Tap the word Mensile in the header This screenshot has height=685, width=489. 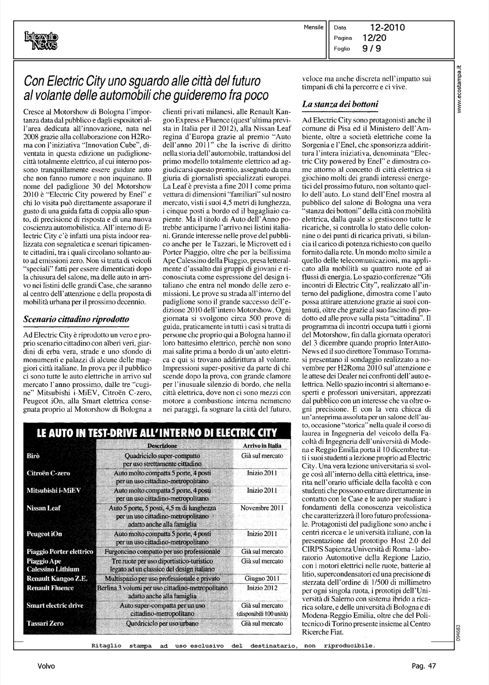(313, 27)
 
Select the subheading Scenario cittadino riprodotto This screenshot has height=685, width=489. (76, 319)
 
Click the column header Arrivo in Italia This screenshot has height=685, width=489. (262, 446)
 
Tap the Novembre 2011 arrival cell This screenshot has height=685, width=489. (262, 508)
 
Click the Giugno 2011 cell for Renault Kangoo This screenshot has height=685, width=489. (262, 579)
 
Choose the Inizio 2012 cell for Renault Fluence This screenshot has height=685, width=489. (262, 588)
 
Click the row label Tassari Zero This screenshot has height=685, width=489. (45, 623)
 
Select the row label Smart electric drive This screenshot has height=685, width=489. (55, 606)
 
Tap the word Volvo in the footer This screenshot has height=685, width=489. (47, 666)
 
